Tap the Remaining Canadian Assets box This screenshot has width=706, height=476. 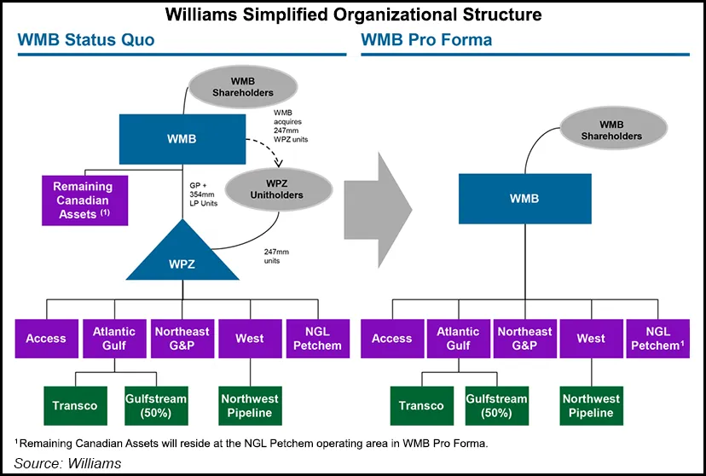[84, 200]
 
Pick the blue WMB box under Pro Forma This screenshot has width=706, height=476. [524, 198]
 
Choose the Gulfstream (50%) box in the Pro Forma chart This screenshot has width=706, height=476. [494, 406]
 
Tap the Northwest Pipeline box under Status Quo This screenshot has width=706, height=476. [249, 406]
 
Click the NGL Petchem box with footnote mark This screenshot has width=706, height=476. [657, 339]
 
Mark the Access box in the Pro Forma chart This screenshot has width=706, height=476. [391, 339]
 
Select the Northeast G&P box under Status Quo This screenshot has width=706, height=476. [182, 339]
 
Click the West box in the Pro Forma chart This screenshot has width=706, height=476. [590, 339]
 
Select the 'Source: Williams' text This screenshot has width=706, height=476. [68, 463]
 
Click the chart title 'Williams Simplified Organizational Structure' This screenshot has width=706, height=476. [352, 15]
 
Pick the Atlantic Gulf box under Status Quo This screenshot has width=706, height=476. [113, 339]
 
